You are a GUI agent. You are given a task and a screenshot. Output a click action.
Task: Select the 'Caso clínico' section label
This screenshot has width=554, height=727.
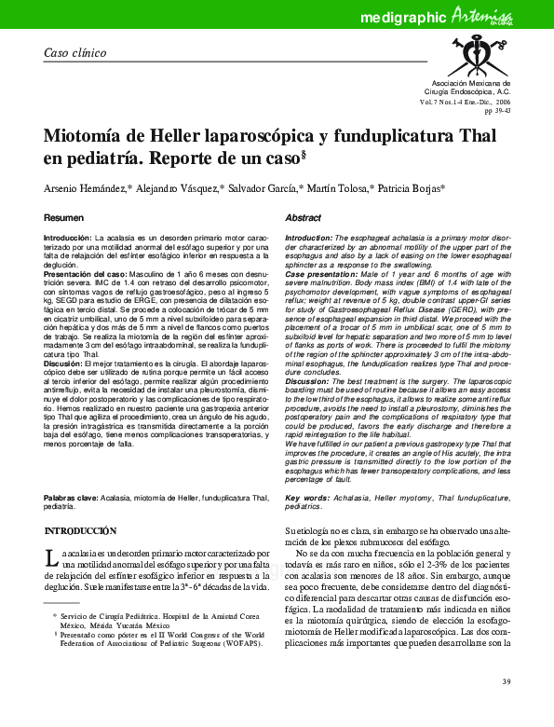pyautogui.click(x=76, y=52)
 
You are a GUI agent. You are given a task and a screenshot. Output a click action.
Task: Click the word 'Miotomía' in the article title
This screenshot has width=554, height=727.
pyautogui.click(x=85, y=136)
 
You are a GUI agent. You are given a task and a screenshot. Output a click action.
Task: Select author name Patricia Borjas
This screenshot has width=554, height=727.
pyautogui.click(x=410, y=188)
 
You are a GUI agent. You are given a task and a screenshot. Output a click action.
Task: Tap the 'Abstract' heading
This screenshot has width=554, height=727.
pyautogui.click(x=303, y=217)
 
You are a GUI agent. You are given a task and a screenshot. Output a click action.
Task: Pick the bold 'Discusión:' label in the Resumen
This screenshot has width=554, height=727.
pyautogui.click(x=69, y=363)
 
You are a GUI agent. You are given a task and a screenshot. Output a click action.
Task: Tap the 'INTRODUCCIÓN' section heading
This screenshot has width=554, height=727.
pyautogui.click(x=87, y=530)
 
